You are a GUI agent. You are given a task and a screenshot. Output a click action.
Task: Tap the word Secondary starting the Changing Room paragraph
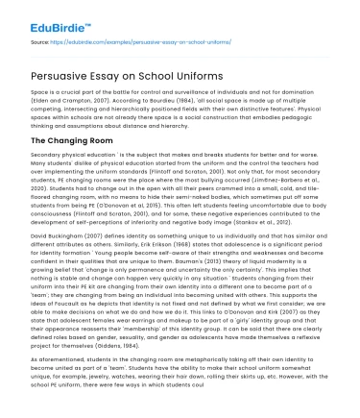click(48, 153)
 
